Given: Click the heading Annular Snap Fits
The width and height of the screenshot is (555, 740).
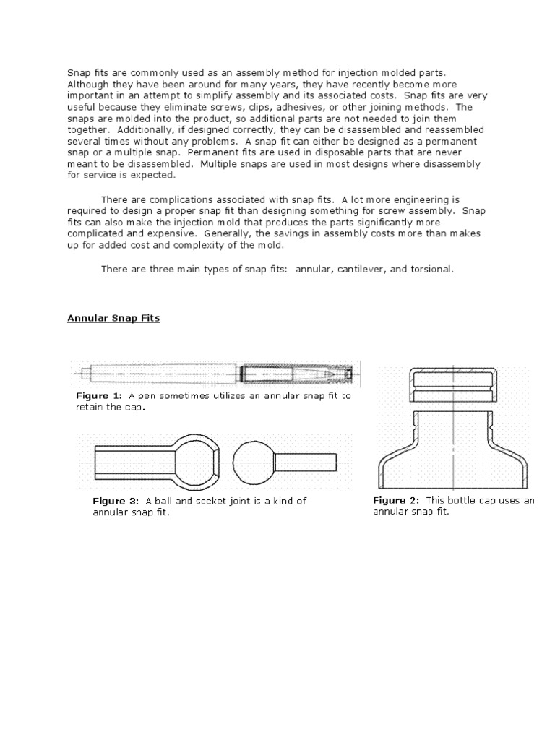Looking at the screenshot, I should pyautogui.click(x=113, y=318).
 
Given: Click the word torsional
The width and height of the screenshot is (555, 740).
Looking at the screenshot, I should pyautogui.click(x=429, y=269).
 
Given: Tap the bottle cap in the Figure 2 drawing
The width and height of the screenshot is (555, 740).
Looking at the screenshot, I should pyautogui.click(x=452, y=385).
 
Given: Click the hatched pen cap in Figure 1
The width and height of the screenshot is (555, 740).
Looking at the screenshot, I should pyautogui.click(x=296, y=373).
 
